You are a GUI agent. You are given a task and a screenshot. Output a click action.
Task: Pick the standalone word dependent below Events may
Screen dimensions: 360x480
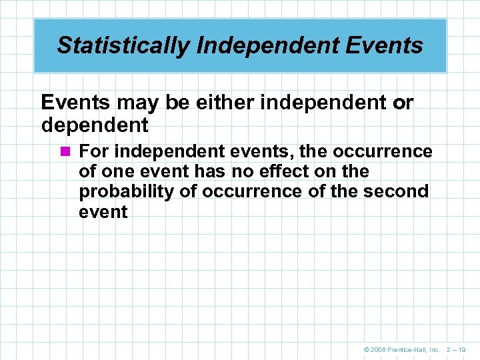pos(95,124)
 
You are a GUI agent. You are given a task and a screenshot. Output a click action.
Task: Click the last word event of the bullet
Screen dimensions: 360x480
pos(103,212)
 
